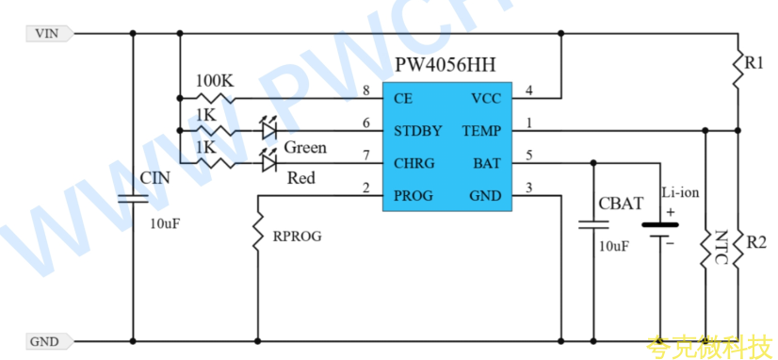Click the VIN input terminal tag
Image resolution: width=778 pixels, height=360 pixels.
[50, 34]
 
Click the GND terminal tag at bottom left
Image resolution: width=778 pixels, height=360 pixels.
[50, 342]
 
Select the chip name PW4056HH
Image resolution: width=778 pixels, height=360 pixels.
[446, 64]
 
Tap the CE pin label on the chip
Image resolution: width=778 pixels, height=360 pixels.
[403, 99]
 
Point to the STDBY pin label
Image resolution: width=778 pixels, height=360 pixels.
[418, 131]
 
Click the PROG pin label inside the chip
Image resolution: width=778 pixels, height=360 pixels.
[413, 196]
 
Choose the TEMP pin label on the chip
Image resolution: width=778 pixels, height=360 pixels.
[481, 131]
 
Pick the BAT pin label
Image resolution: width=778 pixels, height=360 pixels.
[488, 163]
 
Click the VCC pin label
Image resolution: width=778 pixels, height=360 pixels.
[486, 99]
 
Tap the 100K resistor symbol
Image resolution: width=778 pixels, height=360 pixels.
[216, 98]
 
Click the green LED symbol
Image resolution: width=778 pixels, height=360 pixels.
[268, 128]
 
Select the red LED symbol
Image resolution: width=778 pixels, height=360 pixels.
[268, 161]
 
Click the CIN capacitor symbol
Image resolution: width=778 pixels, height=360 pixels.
[133, 199]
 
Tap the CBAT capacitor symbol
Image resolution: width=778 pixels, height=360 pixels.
[593, 224]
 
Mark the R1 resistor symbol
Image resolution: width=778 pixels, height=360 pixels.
[737, 67]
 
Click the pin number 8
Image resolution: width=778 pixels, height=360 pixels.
[366, 90]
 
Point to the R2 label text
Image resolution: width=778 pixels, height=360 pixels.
[756, 243]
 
